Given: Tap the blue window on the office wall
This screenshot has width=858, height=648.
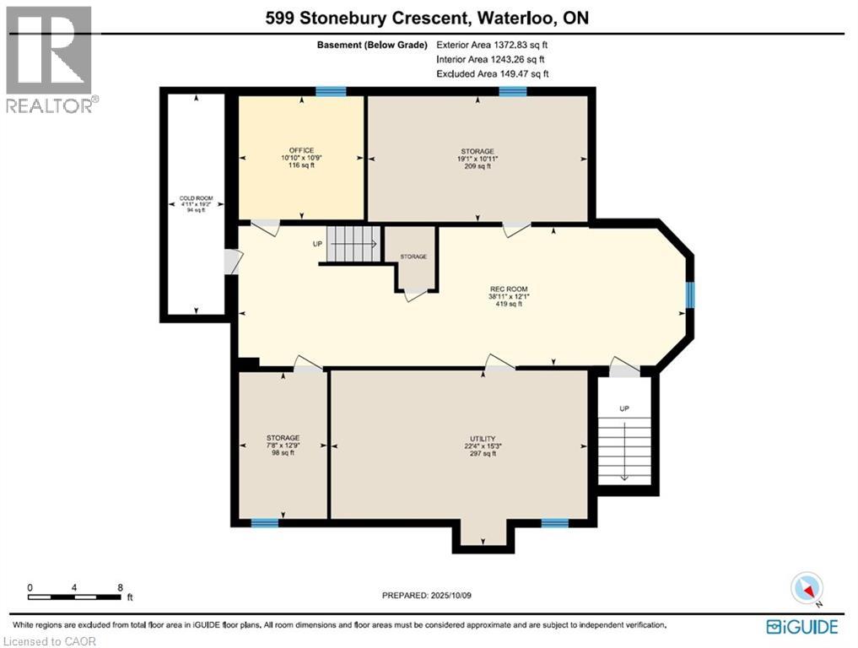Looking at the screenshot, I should coord(331,91).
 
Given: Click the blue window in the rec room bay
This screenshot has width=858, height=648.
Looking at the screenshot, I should coord(689,295).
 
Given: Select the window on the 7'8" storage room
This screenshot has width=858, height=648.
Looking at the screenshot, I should coord(264,523).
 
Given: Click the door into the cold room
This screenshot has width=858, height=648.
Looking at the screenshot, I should coord(229,262).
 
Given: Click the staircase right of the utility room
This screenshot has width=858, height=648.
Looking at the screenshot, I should coord(624,447).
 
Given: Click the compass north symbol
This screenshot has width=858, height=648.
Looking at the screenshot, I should coord(807,589).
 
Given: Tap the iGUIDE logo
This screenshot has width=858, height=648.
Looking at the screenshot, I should coord(801,627).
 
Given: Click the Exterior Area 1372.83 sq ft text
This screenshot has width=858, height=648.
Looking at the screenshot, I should coord(498,45).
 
